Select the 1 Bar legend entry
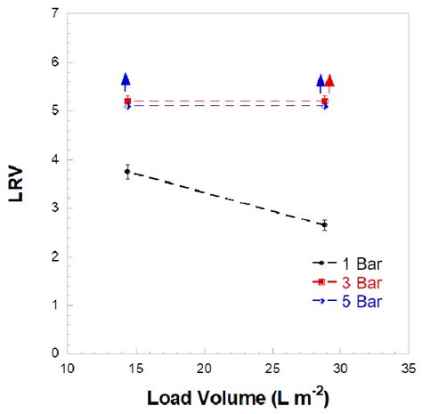(x=352, y=263)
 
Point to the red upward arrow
(x=329, y=82)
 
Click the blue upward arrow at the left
(x=126, y=81)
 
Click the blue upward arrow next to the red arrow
(x=321, y=82)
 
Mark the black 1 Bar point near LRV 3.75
(x=127, y=171)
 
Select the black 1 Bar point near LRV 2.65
(x=324, y=224)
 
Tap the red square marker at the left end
(x=127, y=101)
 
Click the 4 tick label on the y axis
(x=55, y=159)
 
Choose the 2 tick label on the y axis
(x=55, y=256)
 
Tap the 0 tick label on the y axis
(x=55, y=353)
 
